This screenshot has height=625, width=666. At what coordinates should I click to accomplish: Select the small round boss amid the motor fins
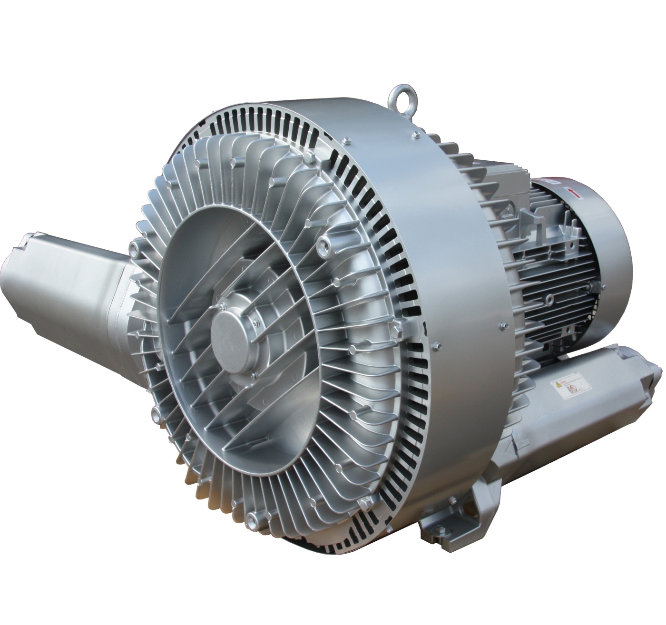coord(549,299)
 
